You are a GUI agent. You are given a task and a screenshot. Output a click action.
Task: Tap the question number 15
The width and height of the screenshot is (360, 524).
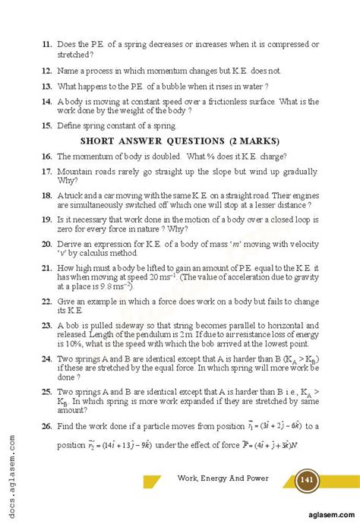[45, 125]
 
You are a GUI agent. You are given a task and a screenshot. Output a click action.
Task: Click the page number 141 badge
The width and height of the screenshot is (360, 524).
[308, 480]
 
